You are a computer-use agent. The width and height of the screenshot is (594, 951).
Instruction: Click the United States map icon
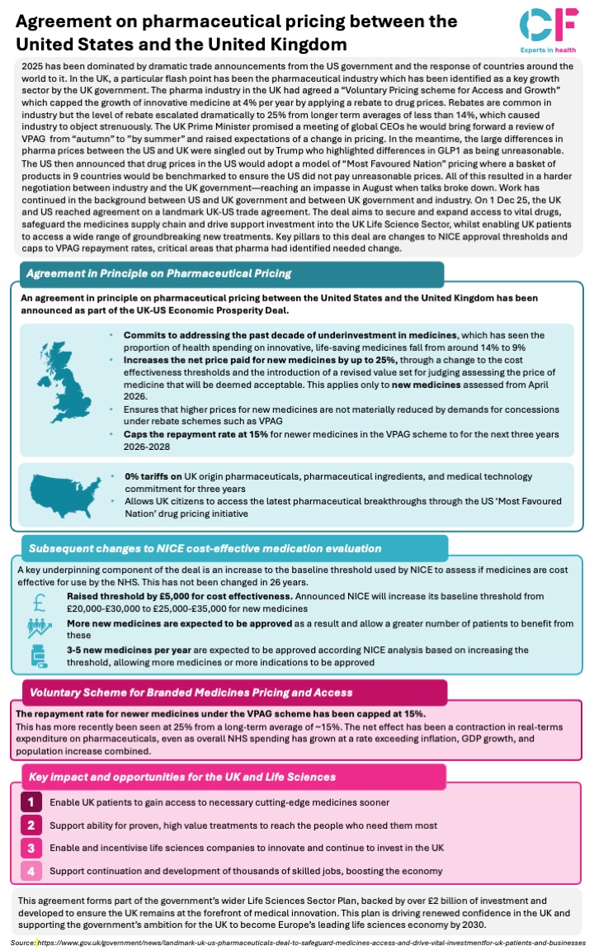tap(65, 494)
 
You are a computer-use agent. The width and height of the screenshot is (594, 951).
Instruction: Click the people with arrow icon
tap(42, 629)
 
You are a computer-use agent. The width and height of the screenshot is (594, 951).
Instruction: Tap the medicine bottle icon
tap(41, 657)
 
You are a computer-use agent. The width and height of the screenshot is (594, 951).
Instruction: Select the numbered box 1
tap(31, 802)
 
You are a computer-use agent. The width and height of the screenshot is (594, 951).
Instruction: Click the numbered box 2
tap(31, 825)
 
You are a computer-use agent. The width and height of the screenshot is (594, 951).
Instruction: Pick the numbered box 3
tap(31, 847)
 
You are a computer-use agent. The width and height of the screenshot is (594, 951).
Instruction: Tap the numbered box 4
tap(31, 870)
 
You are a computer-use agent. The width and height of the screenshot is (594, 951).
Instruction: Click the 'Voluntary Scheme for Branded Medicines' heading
tap(191, 693)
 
